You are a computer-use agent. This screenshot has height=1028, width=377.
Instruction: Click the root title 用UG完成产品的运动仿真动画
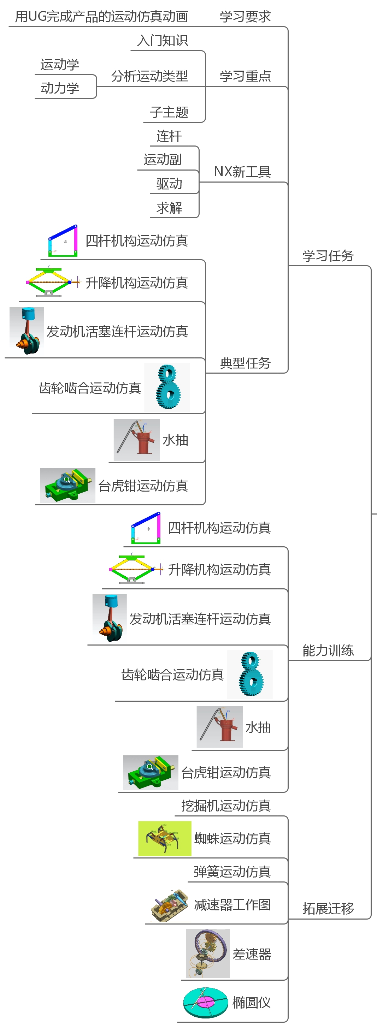click(x=101, y=17)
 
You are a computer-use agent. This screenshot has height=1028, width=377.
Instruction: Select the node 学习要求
click(x=245, y=17)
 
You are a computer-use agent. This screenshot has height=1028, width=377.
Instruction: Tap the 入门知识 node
click(x=162, y=41)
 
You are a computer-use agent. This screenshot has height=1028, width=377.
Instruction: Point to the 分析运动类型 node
click(x=149, y=76)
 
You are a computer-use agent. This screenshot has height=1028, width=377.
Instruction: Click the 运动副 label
click(x=162, y=160)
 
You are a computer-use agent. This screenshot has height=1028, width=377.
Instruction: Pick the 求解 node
click(x=169, y=208)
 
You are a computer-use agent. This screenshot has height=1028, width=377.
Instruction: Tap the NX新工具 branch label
click(x=242, y=172)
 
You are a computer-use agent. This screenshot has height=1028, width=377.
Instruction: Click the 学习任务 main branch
click(x=328, y=256)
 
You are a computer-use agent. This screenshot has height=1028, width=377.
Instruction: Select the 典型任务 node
click(x=245, y=363)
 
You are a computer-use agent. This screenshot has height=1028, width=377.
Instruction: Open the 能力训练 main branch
click(x=328, y=650)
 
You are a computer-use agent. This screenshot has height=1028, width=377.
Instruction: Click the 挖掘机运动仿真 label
click(x=226, y=806)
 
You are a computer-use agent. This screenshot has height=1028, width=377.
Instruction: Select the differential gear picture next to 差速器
click(x=208, y=953)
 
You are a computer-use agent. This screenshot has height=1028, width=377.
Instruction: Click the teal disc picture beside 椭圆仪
click(x=205, y=1002)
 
